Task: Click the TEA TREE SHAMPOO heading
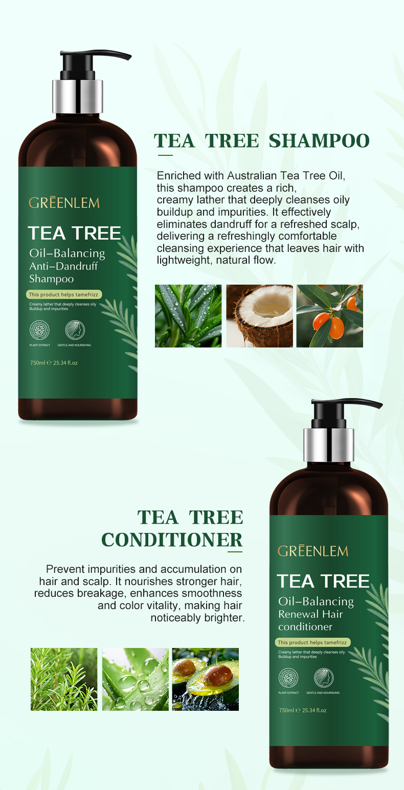261,141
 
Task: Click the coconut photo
259,316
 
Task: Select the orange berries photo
330,316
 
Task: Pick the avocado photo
205,679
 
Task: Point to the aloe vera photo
135,679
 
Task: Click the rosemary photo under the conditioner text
64,679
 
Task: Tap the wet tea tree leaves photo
188,316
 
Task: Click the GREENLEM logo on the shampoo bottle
64,203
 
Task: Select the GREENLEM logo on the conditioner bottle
313,551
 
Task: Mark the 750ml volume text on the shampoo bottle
53,363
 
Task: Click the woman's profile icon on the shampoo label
75,330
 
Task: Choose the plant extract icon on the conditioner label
288,678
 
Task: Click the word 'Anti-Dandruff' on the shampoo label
63,266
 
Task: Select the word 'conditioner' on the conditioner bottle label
305,626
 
